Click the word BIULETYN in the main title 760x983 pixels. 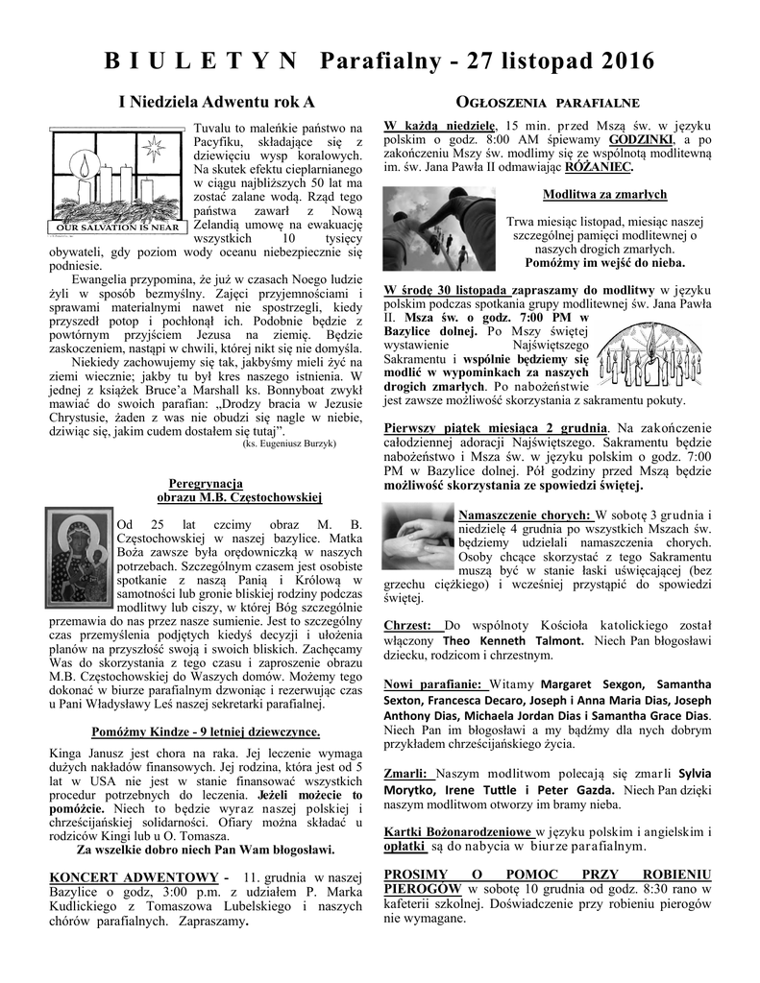201,62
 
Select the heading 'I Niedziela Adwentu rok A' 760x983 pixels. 216,101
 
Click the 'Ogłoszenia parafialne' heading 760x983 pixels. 546,102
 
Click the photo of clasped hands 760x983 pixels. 418,538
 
